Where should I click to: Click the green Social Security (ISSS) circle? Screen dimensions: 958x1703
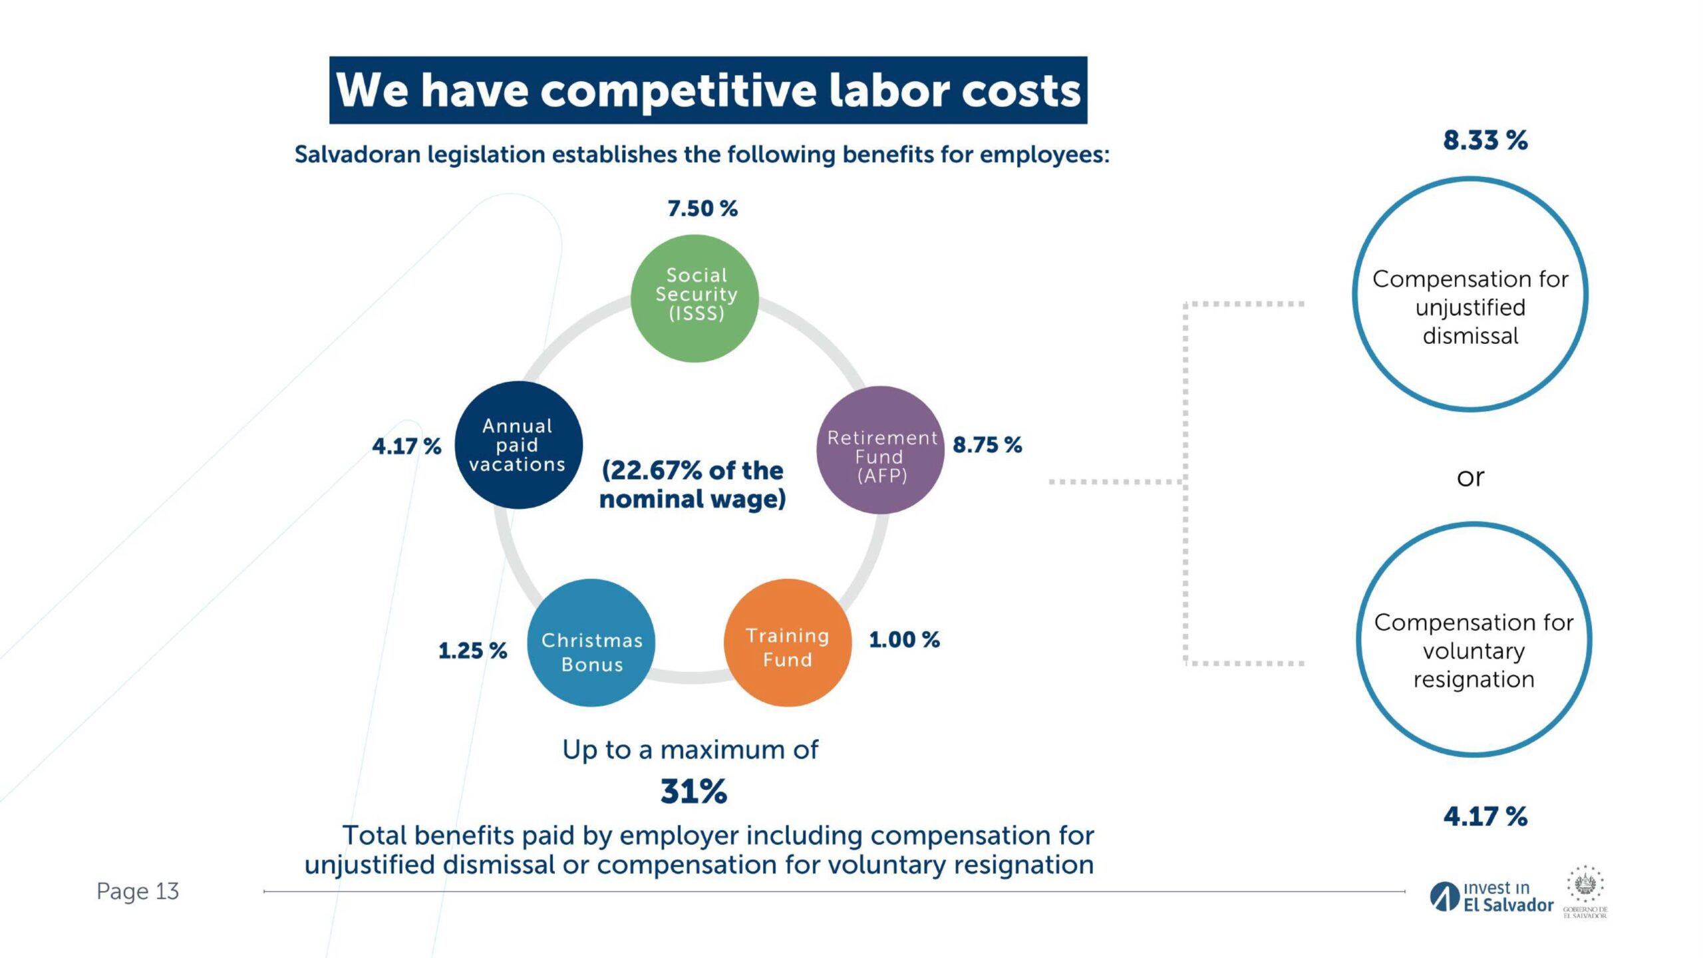tap(695, 298)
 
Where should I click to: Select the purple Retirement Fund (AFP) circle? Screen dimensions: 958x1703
tap(880, 450)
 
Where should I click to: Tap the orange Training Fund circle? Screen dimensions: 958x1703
tap(787, 643)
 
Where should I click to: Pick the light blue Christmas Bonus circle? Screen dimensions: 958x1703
tap(591, 643)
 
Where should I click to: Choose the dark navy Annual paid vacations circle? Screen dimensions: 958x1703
tap(519, 445)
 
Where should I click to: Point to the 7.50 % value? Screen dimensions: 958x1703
tap(702, 209)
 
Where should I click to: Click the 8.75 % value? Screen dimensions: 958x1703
tap(987, 445)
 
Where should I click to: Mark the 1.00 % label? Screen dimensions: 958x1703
tap(904, 640)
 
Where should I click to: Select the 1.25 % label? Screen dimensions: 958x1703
tap(472, 651)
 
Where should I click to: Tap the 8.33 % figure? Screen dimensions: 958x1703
tap(1485, 140)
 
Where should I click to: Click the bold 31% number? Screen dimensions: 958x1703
tap(693, 792)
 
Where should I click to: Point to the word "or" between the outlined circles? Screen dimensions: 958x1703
tap(1470, 477)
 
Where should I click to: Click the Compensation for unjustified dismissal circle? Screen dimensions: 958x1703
tap(1470, 294)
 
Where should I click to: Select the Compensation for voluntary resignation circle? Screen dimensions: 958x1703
tap(1473, 639)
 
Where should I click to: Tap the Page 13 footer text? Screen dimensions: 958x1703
tap(138, 891)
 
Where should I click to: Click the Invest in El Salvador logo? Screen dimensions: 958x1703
tap(1491, 897)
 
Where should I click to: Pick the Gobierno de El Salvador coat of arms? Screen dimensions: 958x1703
tap(1585, 885)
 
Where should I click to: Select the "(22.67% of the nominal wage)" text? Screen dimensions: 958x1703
tap(693, 484)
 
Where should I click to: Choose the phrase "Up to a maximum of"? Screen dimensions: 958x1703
tap(690, 750)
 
